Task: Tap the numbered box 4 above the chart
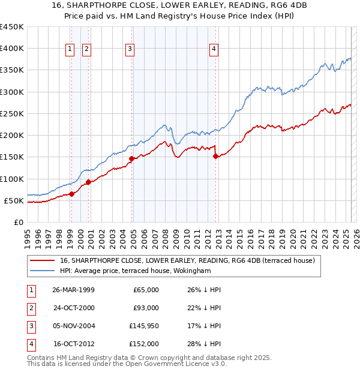[214, 50]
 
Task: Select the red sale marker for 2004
[131, 158]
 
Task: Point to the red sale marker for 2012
[215, 156]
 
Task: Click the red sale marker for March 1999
[71, 194]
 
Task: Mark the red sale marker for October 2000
[88, 182]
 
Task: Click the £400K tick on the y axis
[12, 49]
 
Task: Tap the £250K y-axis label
[12, 113]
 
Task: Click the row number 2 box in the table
[29, 308]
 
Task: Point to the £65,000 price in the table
[146, 290]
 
